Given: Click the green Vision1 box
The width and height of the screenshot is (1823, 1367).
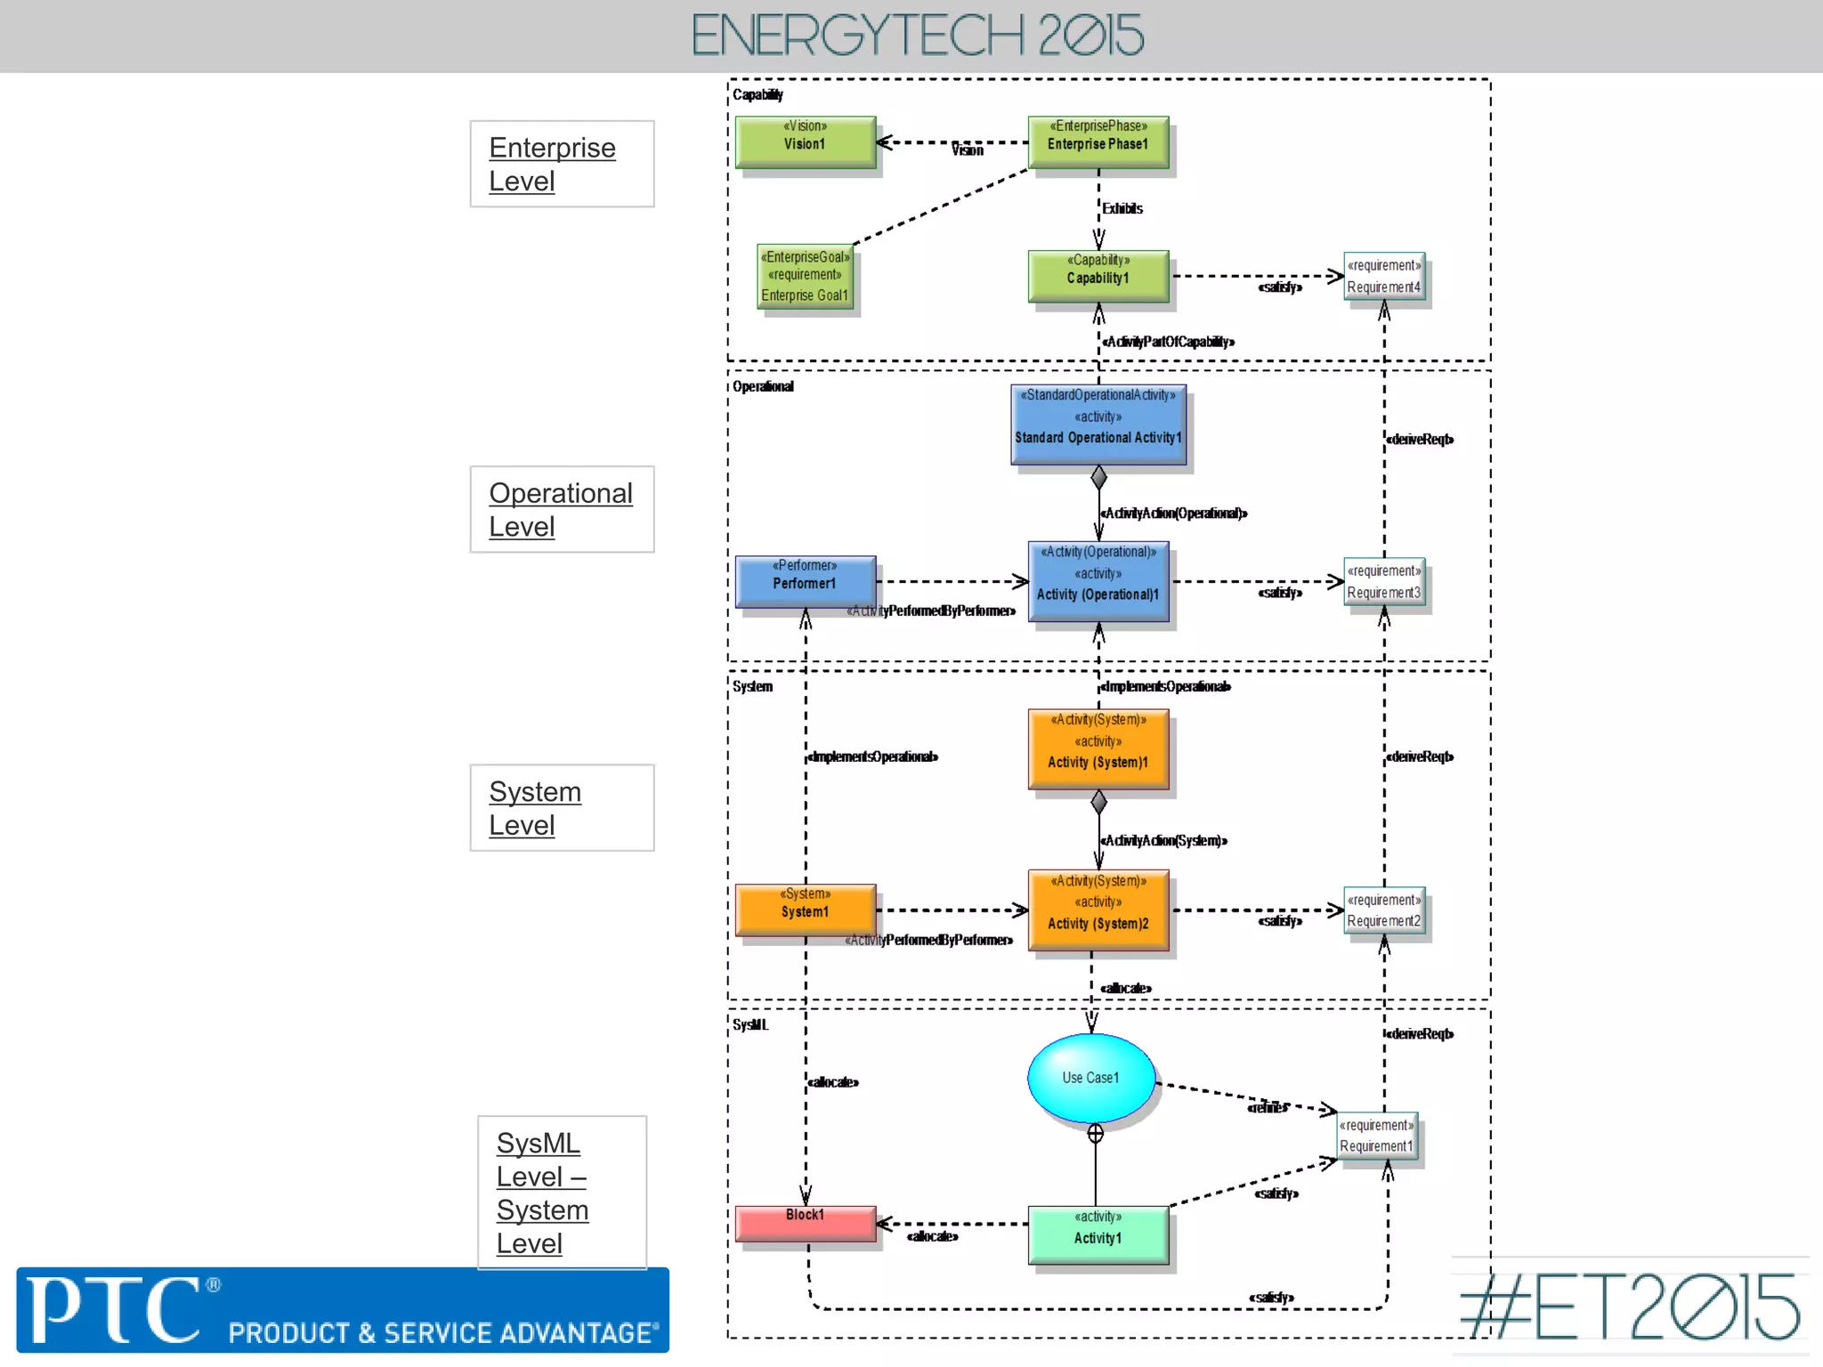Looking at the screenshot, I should [x=805, y=142].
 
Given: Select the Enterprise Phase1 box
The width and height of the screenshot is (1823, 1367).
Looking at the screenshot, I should [x=1098, y=142].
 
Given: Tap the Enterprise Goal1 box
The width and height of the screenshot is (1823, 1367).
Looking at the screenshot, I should [x=806, y=277].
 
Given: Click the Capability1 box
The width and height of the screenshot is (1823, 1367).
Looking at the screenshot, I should [x=1098, y=276].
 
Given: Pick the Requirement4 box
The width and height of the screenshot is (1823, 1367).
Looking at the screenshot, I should [x=1384, y=277].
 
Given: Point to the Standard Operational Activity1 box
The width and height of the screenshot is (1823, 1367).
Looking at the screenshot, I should [x=1098, y=425].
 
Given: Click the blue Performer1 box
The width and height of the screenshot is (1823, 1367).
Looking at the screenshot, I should [x=805, y=581].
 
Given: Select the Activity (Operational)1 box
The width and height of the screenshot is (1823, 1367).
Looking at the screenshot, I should [x=1098, y=581].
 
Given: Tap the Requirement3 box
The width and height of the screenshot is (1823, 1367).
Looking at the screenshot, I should [x=1384, y=581].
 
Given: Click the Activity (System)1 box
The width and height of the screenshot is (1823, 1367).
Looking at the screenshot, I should [x=1098, y=748].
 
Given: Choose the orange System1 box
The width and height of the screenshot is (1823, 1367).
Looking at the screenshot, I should [x=805, y=910].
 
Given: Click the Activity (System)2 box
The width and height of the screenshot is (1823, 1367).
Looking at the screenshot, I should [x=1098, y=910].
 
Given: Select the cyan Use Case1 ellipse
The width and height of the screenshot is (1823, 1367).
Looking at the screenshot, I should [x=1091, y=1078].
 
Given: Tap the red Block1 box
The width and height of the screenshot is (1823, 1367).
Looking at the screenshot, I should [x=805, y=1223].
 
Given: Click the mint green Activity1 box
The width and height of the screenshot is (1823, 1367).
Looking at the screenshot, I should [x=1098, y=1234].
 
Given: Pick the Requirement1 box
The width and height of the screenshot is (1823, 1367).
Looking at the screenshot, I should [x=1377, y=1136].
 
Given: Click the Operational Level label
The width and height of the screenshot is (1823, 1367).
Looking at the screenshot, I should [x=561, y=509].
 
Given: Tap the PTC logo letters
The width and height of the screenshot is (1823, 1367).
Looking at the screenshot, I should [x=113, y=1310].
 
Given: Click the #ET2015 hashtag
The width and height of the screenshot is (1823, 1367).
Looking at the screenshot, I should [x=1630, y=1306].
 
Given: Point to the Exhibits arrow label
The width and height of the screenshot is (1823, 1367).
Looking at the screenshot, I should [x=1122, y=208].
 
